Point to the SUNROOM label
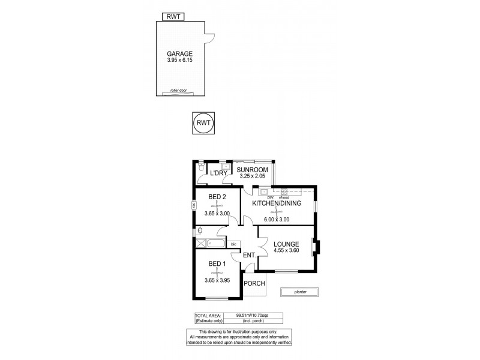[x=251, y=170]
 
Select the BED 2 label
[x=217, y=197]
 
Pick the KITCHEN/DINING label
[x=276, y=203]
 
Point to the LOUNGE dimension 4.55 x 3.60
[x=286, y=251]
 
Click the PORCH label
[x=254, y=284]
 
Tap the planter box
[x=299, y=292]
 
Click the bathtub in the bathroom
[x=216, y=244]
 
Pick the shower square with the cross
[x=200, y=244]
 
